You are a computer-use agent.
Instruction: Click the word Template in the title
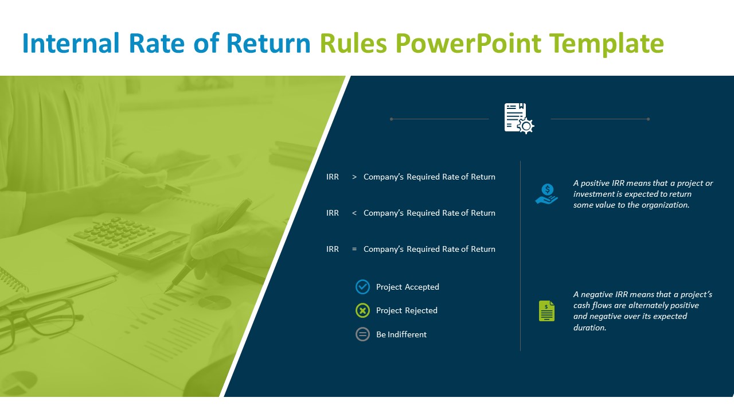607,43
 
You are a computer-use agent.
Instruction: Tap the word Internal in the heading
71,43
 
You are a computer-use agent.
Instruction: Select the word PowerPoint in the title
468,43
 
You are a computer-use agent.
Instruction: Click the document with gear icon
519,118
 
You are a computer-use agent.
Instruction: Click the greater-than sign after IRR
354,177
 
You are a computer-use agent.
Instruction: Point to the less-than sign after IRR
354,213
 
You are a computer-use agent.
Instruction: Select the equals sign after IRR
354,249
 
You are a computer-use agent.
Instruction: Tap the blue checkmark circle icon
363,287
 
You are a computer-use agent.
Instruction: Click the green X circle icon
363,310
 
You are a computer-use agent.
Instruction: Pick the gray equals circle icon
363,334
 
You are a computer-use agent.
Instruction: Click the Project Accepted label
408,287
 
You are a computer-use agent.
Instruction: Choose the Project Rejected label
407,311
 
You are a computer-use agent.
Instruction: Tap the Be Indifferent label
401,334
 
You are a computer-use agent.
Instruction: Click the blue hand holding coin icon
546,194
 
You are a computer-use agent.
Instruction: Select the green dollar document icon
547,311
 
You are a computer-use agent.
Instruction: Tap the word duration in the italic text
588,328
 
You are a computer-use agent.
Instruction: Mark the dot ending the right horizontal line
648,119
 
